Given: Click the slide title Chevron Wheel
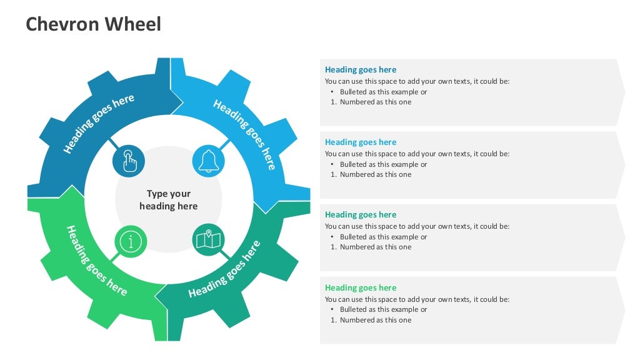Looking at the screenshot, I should (93, 24).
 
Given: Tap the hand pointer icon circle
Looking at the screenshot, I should (129, 161).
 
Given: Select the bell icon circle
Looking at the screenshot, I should (208, 160).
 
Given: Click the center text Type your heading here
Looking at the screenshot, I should (169, 200).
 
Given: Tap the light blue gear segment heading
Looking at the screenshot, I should (244, 134).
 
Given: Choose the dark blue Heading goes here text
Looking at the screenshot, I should (361, 70).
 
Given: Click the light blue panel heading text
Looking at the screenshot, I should (361, 142).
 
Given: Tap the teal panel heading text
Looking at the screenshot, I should (361, 215).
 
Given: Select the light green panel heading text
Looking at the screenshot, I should (361, 288).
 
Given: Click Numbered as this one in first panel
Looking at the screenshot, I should (375, 102).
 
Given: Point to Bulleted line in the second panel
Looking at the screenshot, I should (383, 164).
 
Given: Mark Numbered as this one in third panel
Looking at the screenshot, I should (375, 247).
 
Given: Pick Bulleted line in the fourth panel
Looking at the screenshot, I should (383, 309).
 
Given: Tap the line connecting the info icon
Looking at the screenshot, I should (114, 257).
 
